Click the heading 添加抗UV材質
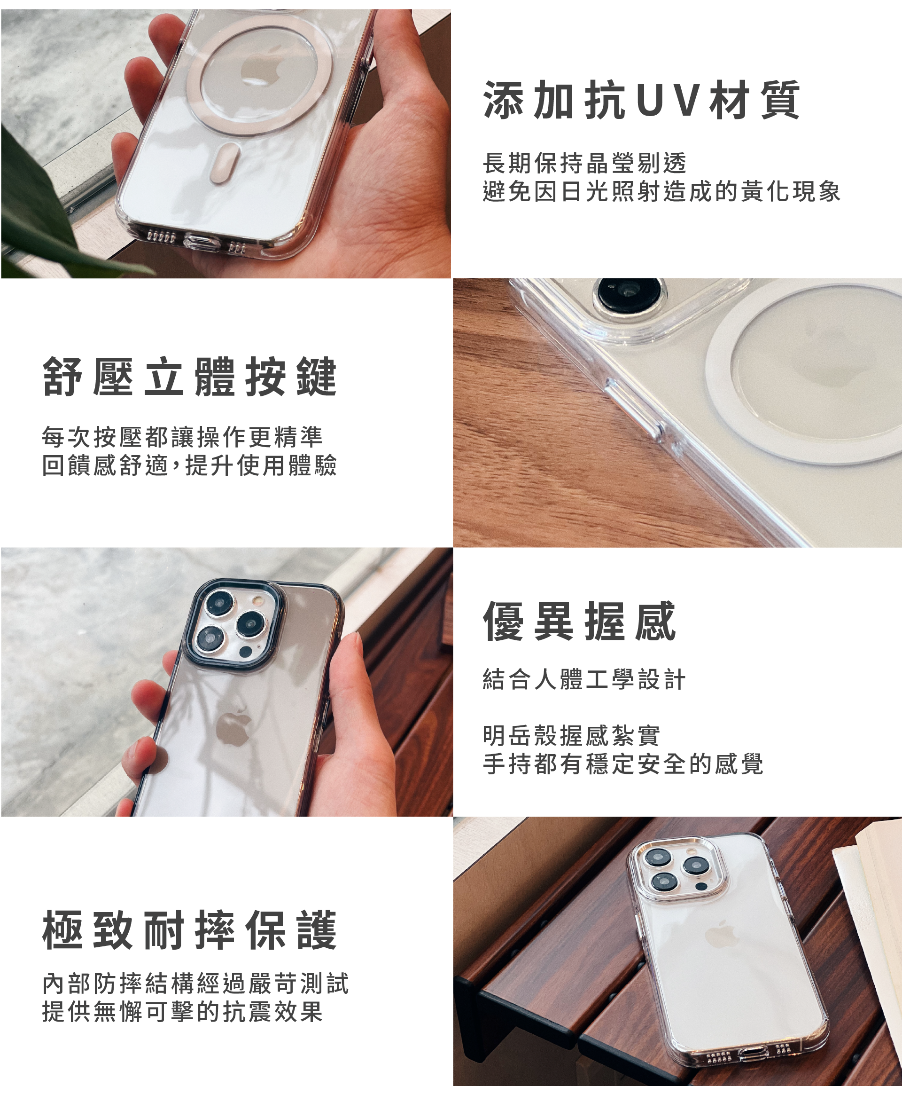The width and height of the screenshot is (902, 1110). [x=642, y=100]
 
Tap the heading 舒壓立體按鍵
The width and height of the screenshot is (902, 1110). [x=190, y=377]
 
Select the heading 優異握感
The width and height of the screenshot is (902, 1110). [x=579, y=621]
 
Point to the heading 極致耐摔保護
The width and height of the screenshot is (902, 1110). [x=190, y=930]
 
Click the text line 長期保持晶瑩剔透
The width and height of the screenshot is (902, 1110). [x=584, y=163]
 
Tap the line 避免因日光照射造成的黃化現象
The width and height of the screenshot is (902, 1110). [x=661, y=191]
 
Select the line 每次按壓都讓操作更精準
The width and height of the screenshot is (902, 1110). [x=182, y=437]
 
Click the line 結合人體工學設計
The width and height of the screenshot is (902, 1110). [x=584, y=679]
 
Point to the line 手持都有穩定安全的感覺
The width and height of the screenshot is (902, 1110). [x=623, y=764]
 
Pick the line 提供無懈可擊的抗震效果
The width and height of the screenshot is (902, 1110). [x=182, y=1012]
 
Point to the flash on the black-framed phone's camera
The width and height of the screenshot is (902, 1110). [x=257, y=601]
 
